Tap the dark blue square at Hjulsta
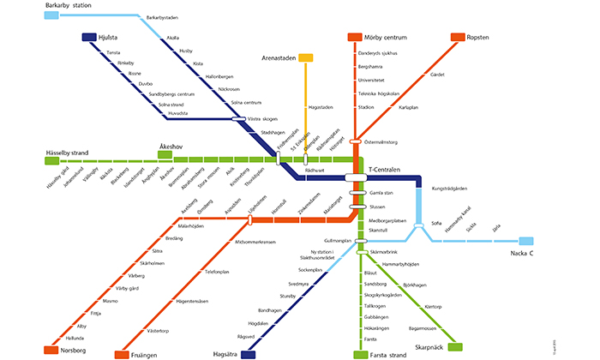(87, 38)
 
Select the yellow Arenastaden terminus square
(304, 57)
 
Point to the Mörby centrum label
(386, 38)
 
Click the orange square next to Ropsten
(458, 38)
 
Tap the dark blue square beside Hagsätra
(249, 354)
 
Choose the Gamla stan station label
(381, 194)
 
